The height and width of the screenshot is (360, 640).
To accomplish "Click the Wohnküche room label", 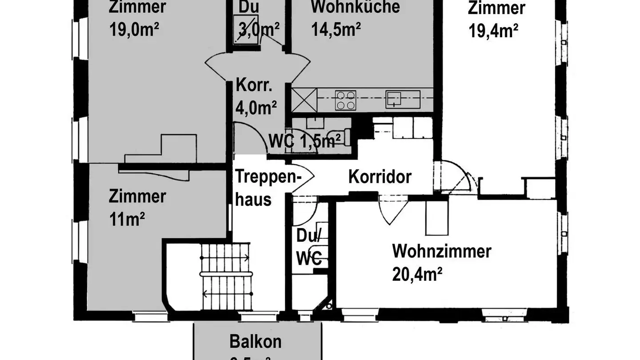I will [x=355, y=7].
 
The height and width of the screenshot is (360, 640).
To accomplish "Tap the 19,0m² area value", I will [x=134, y=30].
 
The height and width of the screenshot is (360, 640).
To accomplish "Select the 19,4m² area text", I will [x=493, y=31].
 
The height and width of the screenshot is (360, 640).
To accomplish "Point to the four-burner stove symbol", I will [x=345, y=100].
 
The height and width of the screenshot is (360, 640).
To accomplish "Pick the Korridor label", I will [x=380, y=176].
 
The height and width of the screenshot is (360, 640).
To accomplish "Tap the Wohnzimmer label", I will [x=441, y=251].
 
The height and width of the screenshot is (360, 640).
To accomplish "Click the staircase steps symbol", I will [x=225, y=276].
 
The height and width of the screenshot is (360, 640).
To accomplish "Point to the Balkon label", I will [x=256, y=342].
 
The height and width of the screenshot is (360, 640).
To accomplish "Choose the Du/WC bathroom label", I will [x=309, y=247].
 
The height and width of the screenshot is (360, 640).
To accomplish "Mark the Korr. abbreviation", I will [x=254, y=85].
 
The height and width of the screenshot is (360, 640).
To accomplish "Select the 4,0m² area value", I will [x=256, y=108].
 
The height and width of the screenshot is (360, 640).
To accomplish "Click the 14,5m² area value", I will [x=336, y=30].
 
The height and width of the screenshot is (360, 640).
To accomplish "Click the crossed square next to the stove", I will [x=304, y=100].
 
